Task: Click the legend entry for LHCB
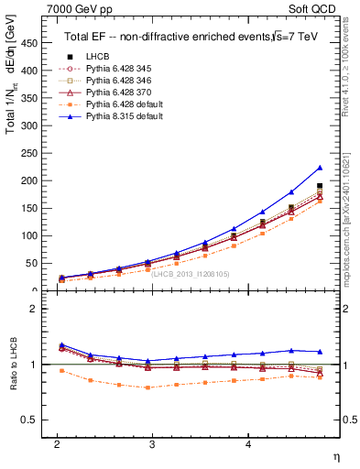(92, 57)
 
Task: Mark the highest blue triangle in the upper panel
(320, 168)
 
